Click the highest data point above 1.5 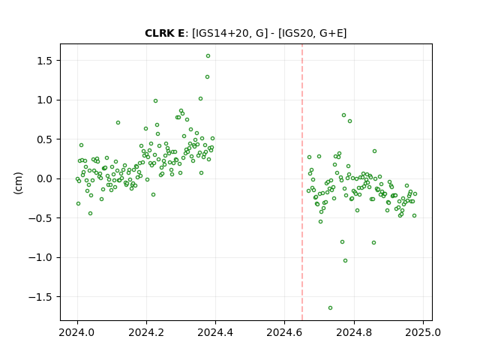(x=208, y=56)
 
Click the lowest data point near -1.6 (x=330, y=308)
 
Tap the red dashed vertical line (x=302, y=182)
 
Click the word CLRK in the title (x=157, y=33)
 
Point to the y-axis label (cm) (x=18, y=183)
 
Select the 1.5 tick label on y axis (x=44, y=61)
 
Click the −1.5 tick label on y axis (x=40, y=297)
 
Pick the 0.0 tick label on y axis (x=44, y=178)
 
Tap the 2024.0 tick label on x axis (x=77, y=332)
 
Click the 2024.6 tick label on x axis (x=285, y=332)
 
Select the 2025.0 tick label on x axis (x=423, y=332)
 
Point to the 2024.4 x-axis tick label (x=215, y=332)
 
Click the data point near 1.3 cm (x=207, y=76)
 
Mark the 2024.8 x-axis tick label (x=354, y=332)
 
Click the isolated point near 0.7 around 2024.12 (x=118, y=123)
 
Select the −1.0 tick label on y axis (x=40, y=258)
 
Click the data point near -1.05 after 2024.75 (x=345, y=261)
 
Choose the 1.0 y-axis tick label (x=44, y=100)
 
